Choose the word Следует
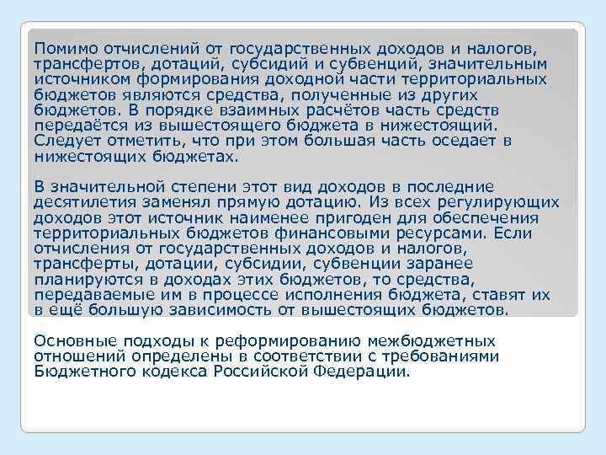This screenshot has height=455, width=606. point(66,141)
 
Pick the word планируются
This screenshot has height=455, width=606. point(85,280)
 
